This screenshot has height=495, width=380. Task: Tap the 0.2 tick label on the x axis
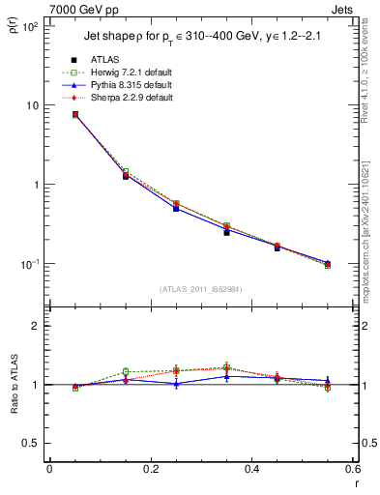pyautogui.click(x=150, y=469)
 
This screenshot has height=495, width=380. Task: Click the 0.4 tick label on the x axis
pyautogui.click(x=250, y=469)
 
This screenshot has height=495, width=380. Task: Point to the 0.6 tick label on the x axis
pyautogui.click(x=351, y=469)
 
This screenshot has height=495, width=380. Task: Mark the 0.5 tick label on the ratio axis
pyautogui.click(x=35, y=443)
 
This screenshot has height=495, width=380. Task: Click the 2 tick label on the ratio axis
pyautogui.click(x=39, y=326)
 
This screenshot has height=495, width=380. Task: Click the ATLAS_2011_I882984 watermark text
pyautogui.click(x=200, y=289)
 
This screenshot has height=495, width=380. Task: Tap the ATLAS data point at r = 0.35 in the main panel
pyautogui.click(x=226, y=232)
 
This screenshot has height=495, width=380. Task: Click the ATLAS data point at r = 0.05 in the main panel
pyautogui.click(x=75, y=115)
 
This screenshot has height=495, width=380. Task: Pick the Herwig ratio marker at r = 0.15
pyautogui.click(x=126, y=371)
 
